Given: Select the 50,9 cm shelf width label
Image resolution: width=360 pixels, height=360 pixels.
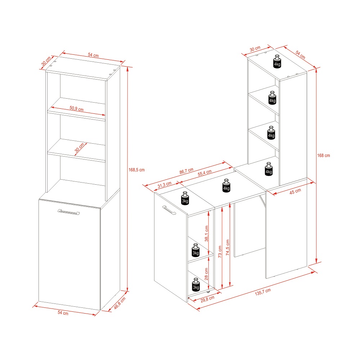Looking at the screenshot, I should (x=76, y=109).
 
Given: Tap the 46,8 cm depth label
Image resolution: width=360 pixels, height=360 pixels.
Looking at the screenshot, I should (x=120, y=303).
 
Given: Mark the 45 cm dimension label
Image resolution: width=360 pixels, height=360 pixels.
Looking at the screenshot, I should (x=295, y=191).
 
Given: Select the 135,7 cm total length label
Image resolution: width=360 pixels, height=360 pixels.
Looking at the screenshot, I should (x=263, y=292).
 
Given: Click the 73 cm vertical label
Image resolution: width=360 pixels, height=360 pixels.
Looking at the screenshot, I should (x=220, y=249).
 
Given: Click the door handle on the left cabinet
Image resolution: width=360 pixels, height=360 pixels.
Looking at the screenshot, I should (x=68, y=212).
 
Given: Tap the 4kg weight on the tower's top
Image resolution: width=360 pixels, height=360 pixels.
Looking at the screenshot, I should (x=277, y=62).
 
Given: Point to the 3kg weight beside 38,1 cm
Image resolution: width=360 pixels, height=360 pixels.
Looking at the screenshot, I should (x=195, y=250).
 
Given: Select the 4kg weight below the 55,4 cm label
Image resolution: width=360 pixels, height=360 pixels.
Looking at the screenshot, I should (x=226, y=185).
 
